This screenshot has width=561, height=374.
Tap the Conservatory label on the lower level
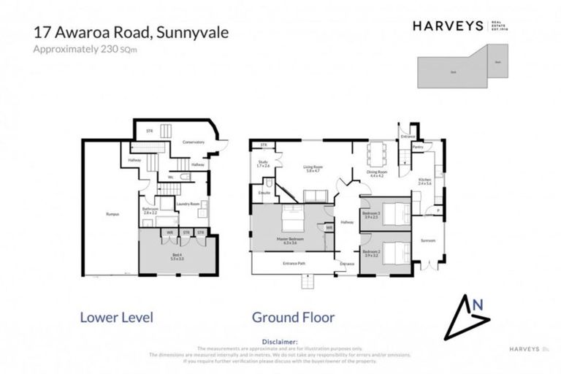point(193,142)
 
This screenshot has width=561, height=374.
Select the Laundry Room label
point(189,204)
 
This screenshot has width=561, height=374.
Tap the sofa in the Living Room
point(316,195)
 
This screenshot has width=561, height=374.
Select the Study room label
point(263,164)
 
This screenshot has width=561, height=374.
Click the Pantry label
point(418,147)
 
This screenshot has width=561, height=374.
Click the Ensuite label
point(264,192)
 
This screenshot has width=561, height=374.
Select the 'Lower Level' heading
point(115,317)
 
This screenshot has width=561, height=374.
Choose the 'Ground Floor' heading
point(293,317)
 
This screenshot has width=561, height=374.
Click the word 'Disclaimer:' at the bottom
point(280,341)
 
